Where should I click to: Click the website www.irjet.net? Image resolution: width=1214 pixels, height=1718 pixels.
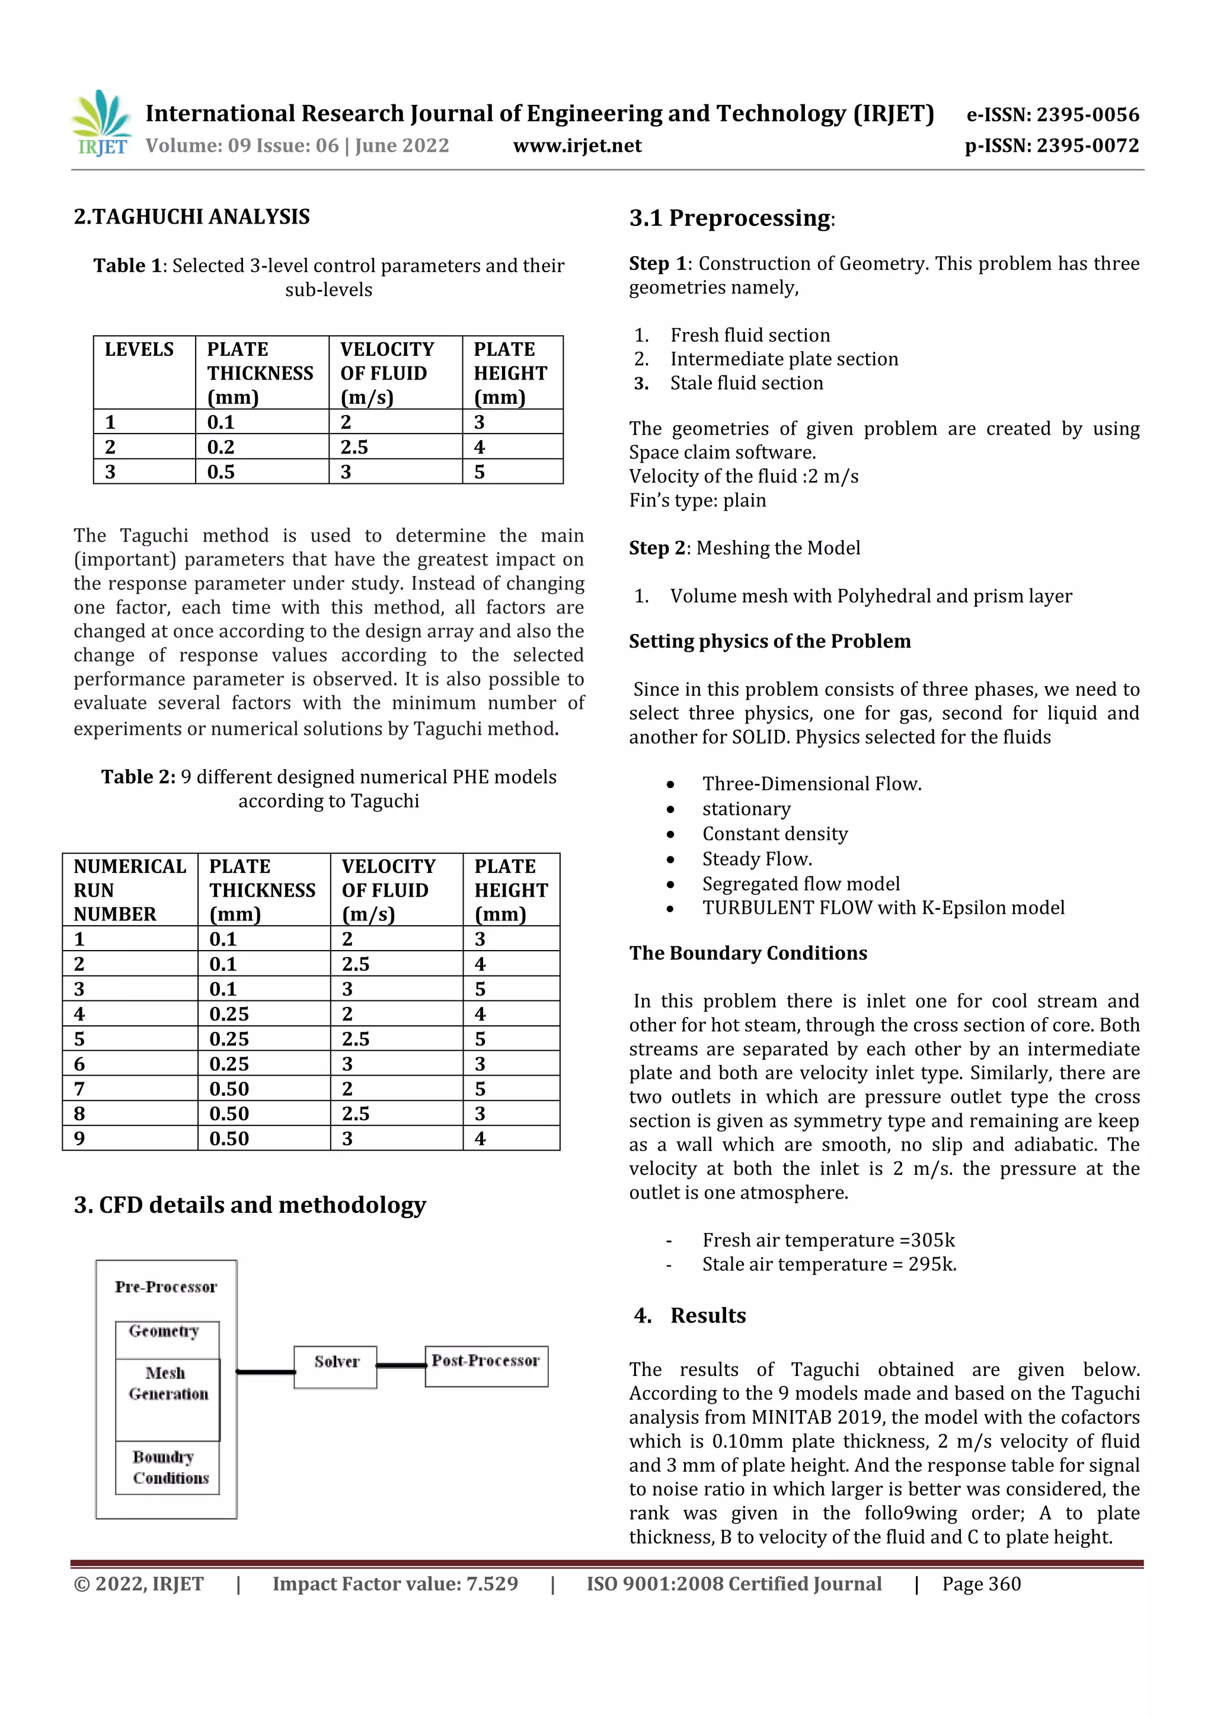tap(577, 146)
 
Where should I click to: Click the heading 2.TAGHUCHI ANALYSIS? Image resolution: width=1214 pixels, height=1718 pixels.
tap(191, 217)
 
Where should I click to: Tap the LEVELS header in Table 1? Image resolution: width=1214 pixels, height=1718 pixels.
tap(139, 349)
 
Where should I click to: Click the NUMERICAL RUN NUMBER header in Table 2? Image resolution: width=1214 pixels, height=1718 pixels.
tap(129, 890)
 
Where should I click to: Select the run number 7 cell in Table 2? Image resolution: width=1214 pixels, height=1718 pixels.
tap(80, 1089)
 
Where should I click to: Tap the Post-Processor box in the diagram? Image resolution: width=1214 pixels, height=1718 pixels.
tap(486, 1366)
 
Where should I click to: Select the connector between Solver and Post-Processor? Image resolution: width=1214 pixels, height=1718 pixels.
tap(401, 1366)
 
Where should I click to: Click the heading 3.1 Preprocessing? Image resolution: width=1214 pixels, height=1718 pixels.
tap(731, 218)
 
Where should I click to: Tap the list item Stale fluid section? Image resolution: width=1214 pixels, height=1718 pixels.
tap(746, 383)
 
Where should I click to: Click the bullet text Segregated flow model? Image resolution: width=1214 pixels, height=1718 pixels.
tap(800, 884)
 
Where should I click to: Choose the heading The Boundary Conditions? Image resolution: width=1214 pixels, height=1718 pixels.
tap(747, 953)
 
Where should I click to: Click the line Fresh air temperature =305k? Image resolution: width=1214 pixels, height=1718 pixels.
tap(828, 1241)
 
